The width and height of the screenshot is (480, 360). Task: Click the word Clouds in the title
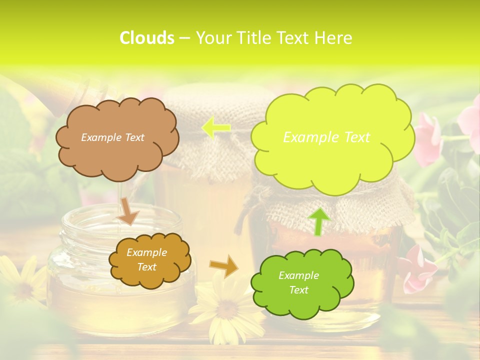pos(146,38)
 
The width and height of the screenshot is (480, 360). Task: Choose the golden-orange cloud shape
pos(149,259)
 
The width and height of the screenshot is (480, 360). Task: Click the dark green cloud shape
pos(302,282)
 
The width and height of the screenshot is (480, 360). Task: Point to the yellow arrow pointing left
pos(215,128)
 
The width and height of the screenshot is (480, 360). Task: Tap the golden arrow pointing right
pos(224,265)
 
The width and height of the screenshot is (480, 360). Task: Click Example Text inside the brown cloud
pos(112,137)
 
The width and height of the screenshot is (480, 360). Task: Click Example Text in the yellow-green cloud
pos(326,137)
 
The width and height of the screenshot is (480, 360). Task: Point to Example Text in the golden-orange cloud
pos(146,259)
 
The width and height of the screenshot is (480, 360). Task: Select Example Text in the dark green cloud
pos(298,282)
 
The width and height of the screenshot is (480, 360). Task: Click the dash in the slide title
pos(184,38)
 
